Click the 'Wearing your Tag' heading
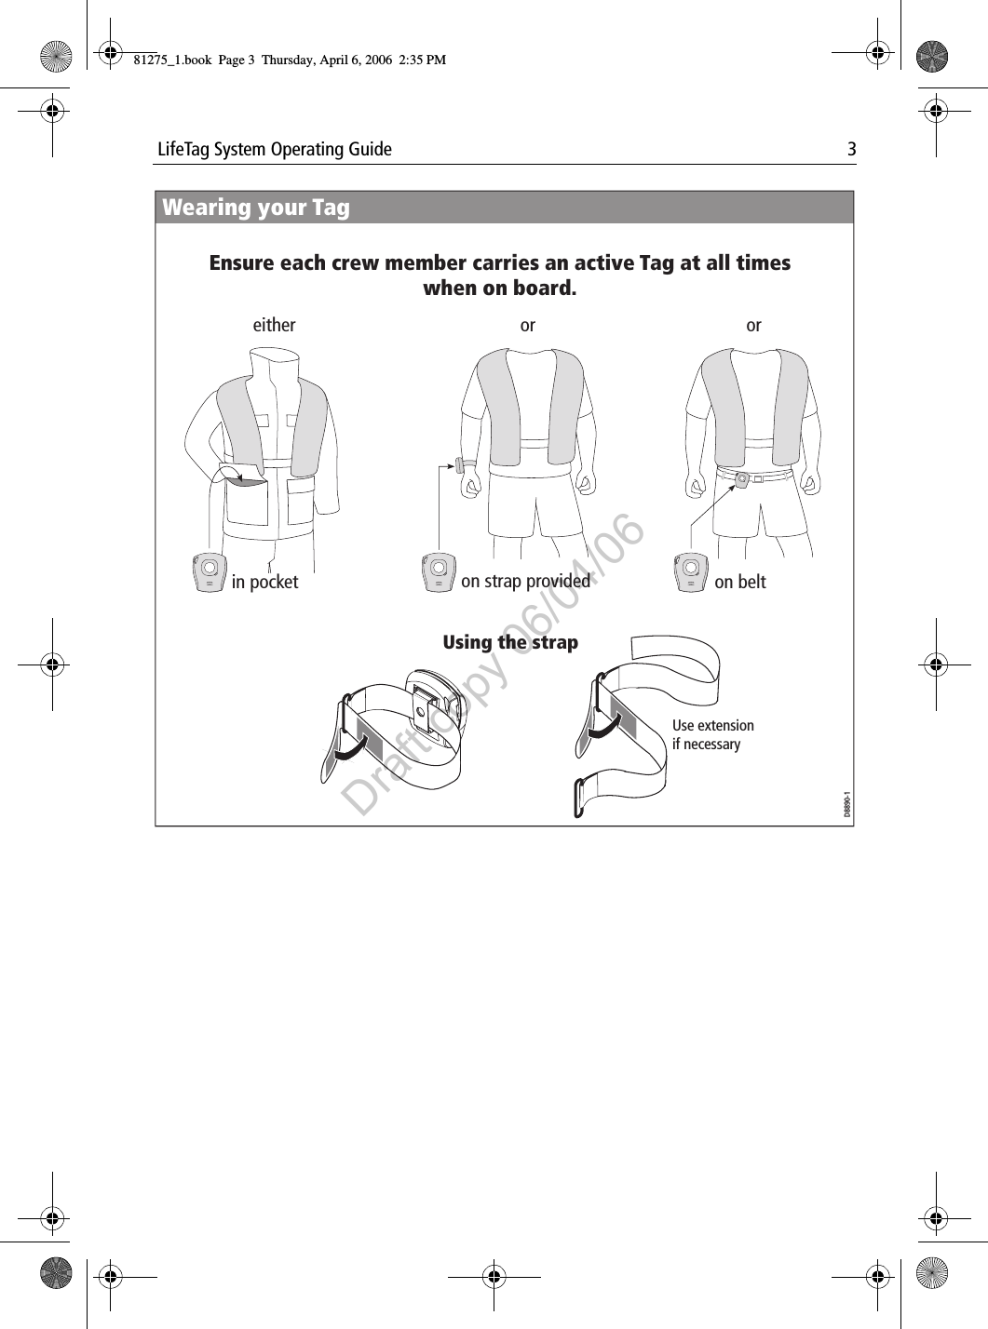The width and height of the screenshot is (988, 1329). point(256,208)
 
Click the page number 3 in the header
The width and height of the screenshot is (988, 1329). point(850,149)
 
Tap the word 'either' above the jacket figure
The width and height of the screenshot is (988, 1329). point(274,325)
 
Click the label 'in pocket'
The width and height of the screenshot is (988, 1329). point(264,582)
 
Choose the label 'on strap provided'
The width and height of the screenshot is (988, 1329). point(525,581)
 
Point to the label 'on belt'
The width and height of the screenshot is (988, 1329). point(739,582)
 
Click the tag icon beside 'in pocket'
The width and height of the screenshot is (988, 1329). point(209,572)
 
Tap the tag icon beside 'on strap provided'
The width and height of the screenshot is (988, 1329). point(438,572)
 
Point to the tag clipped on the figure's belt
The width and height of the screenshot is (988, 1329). point(742,479)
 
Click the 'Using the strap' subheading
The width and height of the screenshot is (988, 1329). point(510,642)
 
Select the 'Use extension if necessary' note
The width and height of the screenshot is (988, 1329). point(712,734)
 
